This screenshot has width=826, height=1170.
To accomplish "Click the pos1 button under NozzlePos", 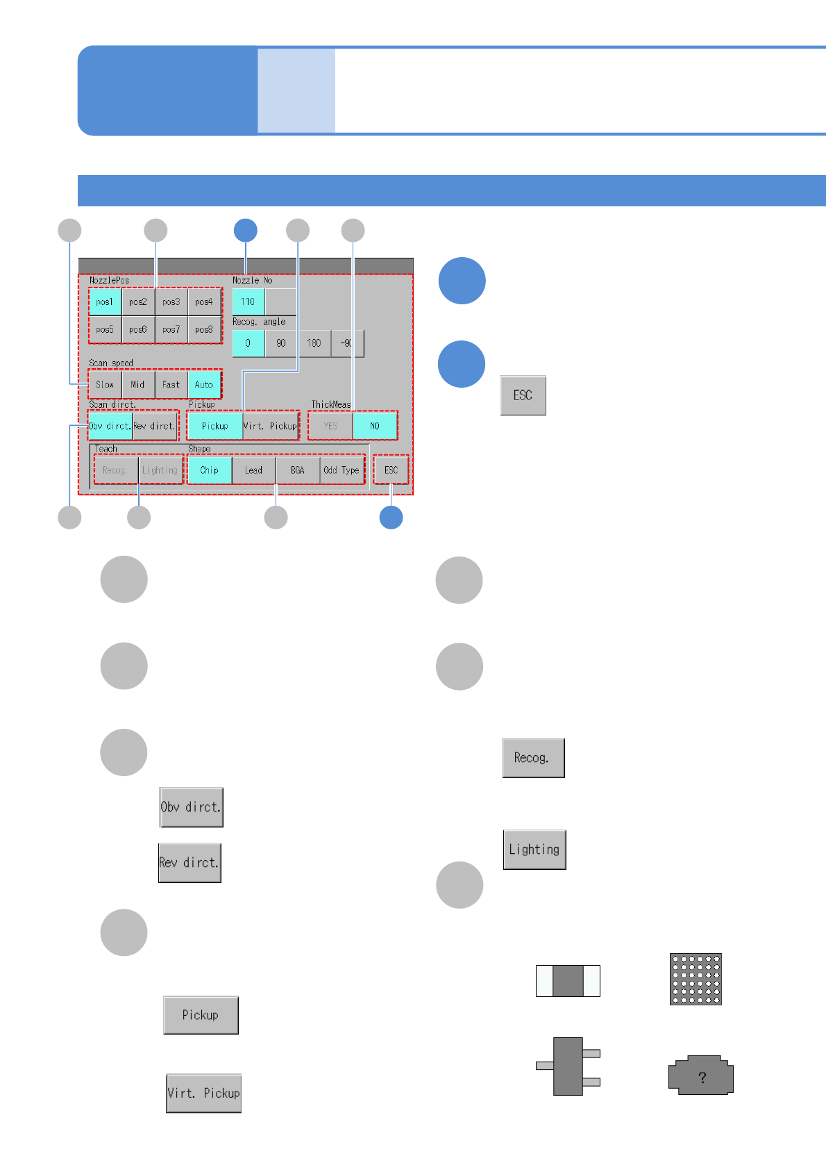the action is click(105, 302).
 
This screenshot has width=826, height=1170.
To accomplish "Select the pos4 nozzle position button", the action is click(204, 302).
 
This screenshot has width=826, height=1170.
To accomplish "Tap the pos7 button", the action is click(171, 329).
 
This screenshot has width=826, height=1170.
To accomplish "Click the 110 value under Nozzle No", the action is click(248, 302).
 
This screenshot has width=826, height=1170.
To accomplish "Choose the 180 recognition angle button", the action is click(314, 343).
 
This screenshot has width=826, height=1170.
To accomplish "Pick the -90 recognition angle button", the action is click(346, 343).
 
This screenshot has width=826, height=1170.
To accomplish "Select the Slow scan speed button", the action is click(105, 384).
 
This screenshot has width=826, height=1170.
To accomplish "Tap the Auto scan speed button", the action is click(204, 384).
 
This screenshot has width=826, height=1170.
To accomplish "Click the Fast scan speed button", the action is click(171, 384).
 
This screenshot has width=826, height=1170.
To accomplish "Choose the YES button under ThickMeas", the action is click(330, 426).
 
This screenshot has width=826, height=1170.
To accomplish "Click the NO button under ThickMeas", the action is click(375, 426).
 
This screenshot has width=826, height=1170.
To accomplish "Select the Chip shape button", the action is click(209, 470).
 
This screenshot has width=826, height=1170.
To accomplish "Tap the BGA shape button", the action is click(298, 470).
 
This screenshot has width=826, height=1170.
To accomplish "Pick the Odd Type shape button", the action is click(342, 470).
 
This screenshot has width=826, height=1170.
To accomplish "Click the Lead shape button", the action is click(253, 470).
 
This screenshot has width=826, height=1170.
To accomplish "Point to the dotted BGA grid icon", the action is click(696, 979).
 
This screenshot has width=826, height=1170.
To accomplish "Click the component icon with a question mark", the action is click(701, 1076).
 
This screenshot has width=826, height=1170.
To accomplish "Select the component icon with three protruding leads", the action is click(568, 1066).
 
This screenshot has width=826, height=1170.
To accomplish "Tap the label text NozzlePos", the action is click(109, 281).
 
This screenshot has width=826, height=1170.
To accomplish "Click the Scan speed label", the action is click(110, 363).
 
